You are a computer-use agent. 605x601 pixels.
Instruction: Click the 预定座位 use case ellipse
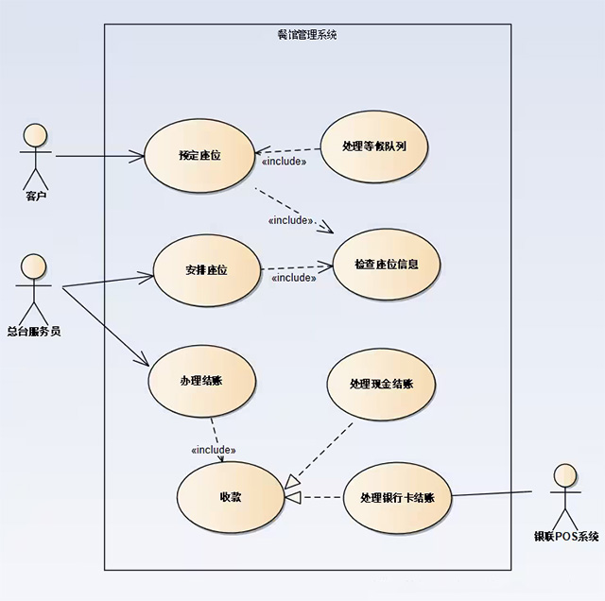(199, 155)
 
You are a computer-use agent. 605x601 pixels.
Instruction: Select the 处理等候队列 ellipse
(375, 146)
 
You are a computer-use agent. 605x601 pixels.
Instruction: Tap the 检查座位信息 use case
(385, 264)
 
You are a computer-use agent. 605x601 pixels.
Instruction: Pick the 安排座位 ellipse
(206, 271)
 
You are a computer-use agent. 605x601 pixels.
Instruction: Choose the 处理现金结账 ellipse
(381, 384)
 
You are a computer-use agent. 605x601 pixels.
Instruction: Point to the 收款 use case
(230, 496)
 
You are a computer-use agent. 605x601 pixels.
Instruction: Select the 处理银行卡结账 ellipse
(397, 497)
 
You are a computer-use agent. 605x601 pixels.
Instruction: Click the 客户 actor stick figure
(36, 155)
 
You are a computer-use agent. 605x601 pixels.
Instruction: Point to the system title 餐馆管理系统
(307, 35)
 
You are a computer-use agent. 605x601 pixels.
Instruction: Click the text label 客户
(36, 197)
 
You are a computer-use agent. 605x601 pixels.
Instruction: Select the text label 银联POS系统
(566, 537)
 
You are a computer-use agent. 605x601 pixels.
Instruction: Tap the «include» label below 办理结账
(214, 450)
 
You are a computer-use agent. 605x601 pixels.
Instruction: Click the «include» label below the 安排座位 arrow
(293, 278)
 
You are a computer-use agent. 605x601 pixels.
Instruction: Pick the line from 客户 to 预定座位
(99, 155)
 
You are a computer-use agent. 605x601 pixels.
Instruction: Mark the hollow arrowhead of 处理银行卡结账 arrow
(293, 497)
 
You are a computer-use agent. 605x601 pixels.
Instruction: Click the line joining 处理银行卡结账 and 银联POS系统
(493, 494)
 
